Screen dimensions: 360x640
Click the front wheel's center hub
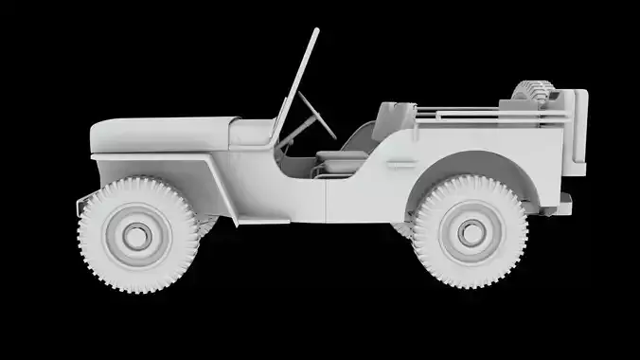[138, 233]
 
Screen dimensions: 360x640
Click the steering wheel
[315, 113]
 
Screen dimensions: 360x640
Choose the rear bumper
[566, 201]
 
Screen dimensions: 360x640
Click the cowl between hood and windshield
[252, 133]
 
